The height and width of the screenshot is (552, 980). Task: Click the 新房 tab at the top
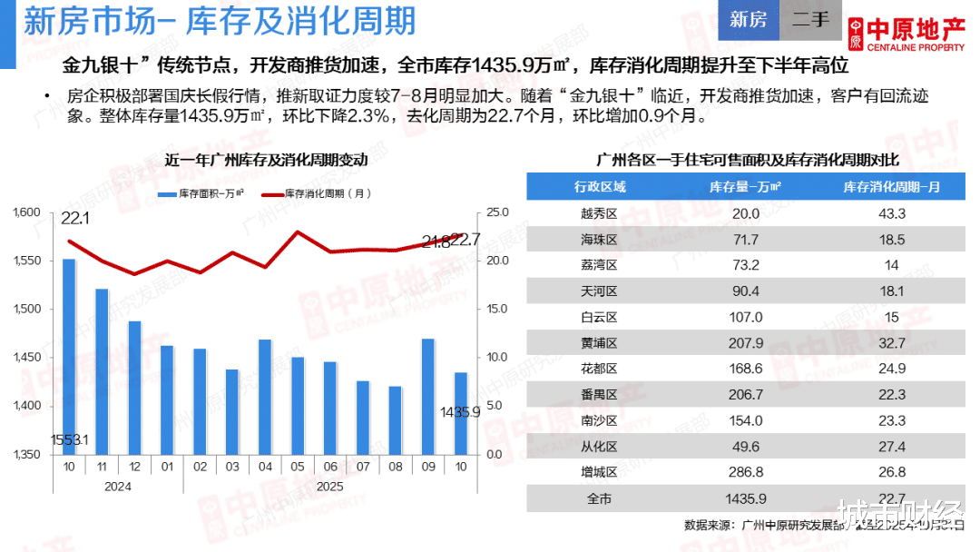748,20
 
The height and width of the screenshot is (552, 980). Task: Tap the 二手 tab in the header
810,20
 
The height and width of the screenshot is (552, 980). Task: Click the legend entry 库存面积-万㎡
200,194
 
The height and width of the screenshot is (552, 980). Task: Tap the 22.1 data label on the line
75,220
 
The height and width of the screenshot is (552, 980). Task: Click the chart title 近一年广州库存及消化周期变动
266,161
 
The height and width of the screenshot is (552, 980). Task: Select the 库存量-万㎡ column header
746,187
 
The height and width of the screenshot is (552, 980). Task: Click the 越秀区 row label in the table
599,214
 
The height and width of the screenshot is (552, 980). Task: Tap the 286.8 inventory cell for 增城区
746,472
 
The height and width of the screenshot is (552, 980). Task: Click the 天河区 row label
599,291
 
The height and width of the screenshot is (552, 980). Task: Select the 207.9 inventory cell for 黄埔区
746,343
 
